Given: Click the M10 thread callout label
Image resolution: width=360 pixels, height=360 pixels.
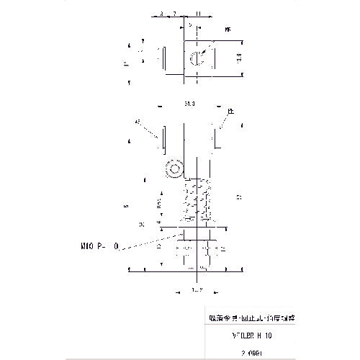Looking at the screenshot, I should [x=100, y=246].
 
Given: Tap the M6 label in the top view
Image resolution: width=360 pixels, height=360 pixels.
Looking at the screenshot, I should [x=228, y=31].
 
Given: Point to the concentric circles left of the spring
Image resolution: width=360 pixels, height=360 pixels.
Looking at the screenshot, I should [x=173, y=171].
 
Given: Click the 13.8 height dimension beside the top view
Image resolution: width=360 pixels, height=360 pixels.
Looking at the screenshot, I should [x=238, y=55].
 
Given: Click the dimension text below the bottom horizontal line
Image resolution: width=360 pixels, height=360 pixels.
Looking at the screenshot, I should [x=195, y=289].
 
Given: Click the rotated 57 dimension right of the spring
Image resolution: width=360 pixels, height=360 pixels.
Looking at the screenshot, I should [x=238, y=196].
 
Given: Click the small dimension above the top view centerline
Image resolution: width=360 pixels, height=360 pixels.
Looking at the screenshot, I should [x=190, y=25].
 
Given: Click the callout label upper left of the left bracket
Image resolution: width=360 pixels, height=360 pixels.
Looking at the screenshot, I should [x=138, y=122].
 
